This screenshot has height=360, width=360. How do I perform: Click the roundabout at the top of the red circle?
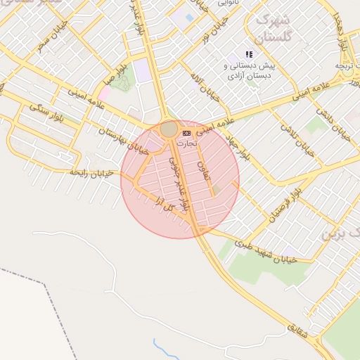(x=169, y=129)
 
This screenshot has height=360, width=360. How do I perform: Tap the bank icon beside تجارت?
(x=186, y=133)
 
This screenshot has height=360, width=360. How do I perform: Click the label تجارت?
(x=186, y=143)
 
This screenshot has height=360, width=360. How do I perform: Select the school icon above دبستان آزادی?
(x=248, y=54)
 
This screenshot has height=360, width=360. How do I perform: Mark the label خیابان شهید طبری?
(x=266, y=251)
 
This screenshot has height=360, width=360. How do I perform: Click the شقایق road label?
(x=297, y=329)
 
